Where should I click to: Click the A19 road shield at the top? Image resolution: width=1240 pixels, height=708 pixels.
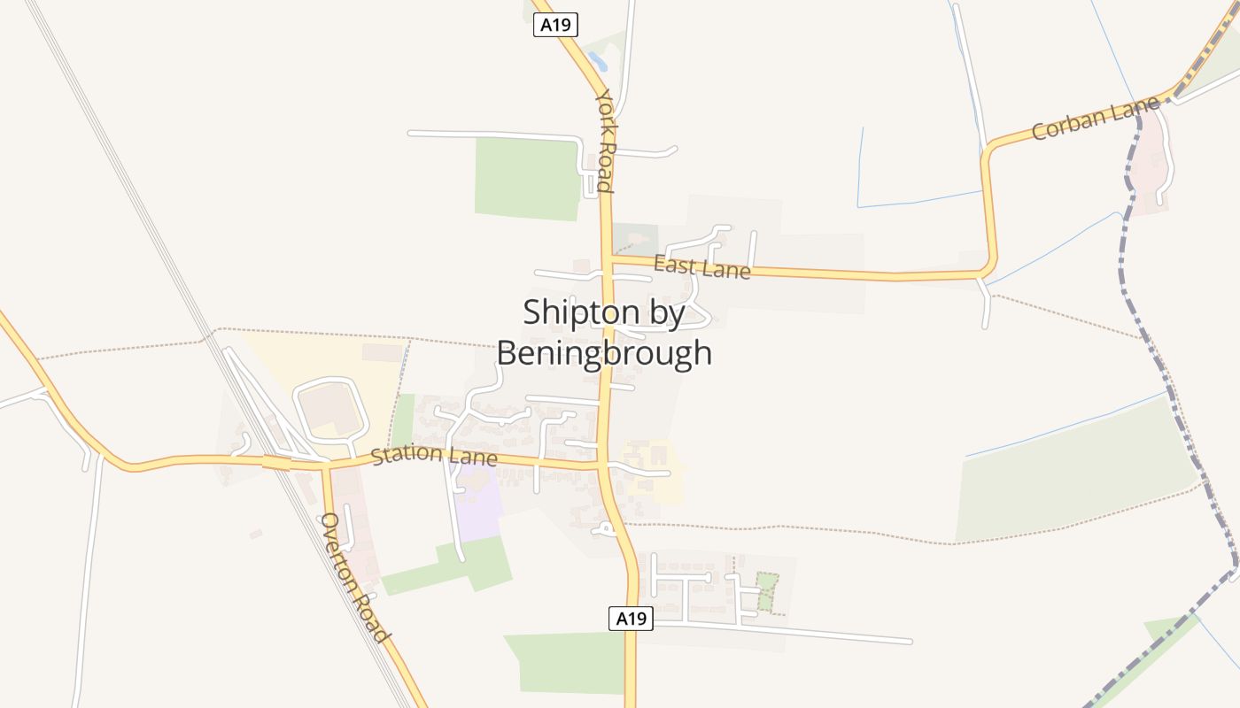(x=555, y=25)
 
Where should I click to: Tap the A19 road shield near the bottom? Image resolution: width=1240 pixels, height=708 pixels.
(x=631, y=619)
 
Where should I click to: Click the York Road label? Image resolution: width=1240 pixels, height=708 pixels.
(x=605, y=140)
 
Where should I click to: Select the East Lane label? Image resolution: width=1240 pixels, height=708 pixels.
(x=701, y=266)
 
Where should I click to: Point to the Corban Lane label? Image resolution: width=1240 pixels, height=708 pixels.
(x=1096, y=119)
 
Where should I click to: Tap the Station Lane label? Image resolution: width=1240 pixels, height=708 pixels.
(x=433, y=456)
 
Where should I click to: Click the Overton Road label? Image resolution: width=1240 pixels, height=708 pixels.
(x=354, y=577)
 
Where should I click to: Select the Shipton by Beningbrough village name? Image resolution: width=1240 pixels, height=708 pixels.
(x=604, y=333)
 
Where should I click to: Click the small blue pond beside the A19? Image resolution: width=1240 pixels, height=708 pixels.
(x=597, y=60)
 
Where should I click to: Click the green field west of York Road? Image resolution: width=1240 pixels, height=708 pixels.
(x=527, y=177)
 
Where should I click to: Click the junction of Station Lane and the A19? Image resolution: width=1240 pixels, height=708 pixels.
(x=602, y=464)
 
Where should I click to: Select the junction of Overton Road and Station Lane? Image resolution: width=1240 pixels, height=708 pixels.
(x=325, y=464)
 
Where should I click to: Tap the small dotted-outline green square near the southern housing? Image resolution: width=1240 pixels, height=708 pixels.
(x=767, y=591)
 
